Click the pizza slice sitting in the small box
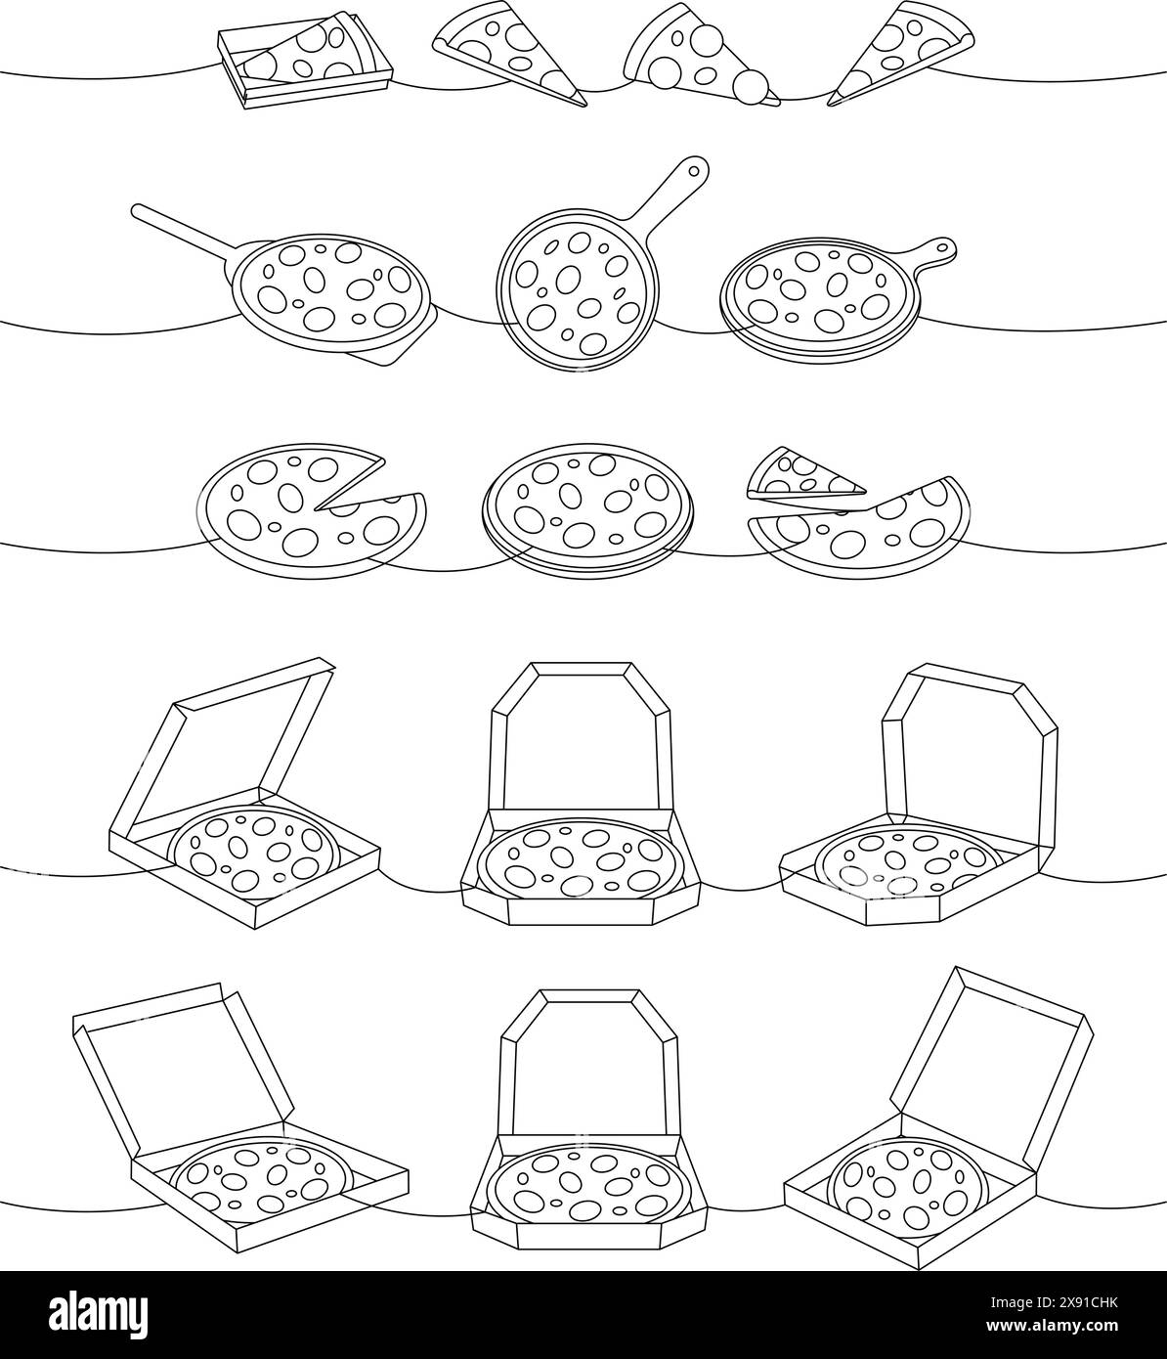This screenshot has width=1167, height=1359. [x=298, y=57]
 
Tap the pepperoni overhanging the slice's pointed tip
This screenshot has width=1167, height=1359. [x=753, y=86]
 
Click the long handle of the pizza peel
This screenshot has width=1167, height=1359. [x=181, y=229]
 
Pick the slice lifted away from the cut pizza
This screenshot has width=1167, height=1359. [x=803, y=475]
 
